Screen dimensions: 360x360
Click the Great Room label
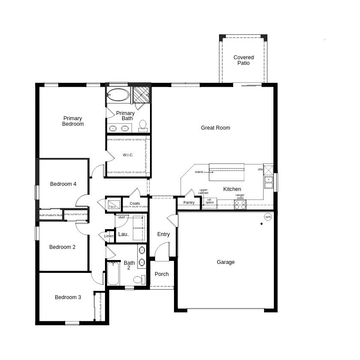[215, 128]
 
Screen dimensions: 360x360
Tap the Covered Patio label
[243, 60]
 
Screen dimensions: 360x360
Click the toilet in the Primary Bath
[143, 126]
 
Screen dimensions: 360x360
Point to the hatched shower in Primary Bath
[141, 95]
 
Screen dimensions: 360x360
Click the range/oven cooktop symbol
[240, 204]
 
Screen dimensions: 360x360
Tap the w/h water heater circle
[268, 217]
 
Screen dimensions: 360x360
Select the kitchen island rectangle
[226, 172]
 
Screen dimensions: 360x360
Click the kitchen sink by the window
[268, 182]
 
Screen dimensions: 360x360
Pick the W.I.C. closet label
[128, 155]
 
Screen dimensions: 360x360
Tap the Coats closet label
[135, 203]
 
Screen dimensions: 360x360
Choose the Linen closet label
[108, 236]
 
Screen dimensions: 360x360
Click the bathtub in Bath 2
[113, 273]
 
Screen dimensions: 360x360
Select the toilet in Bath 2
[139, 280]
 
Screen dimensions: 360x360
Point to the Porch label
[162, 274]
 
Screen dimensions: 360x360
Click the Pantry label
[189, 203]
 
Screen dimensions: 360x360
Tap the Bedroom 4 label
[63, 184]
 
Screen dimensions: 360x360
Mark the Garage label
[226, 262]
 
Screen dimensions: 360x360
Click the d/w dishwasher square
[268, 170]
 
